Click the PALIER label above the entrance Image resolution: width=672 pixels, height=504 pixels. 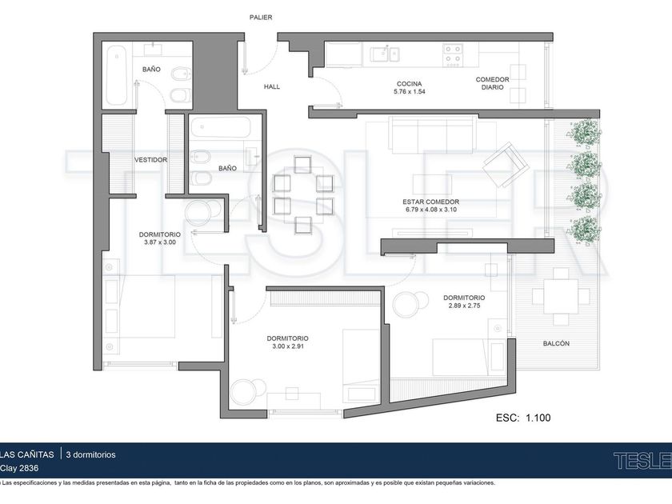tap(261, 17)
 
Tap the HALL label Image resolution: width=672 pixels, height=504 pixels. tap(272, 86)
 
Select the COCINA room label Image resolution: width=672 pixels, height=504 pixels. tap(410, 84)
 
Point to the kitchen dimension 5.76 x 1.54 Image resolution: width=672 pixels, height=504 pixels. tap(410, 92)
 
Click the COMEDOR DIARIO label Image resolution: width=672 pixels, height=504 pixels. tap(493, 83)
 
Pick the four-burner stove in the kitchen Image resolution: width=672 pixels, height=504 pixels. tap(453, 55)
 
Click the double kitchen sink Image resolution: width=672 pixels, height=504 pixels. tap(385, 54)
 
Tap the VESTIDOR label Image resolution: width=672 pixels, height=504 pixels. tap(151, 160)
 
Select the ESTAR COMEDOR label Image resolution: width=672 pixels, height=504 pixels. tap(430, 202)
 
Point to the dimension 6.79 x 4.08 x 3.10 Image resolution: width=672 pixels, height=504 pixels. tap(430, 210)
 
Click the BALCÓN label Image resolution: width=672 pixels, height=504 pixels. tap(556, 343)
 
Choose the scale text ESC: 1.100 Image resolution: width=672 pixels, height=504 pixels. tap(523, 418)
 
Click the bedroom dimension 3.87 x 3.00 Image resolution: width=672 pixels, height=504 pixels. tap(160, 242)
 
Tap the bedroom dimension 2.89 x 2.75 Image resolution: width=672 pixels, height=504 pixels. tap(464, 306)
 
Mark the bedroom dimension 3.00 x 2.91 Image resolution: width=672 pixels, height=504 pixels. tap(287, 346)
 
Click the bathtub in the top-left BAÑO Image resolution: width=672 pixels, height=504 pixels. tap(116, 75)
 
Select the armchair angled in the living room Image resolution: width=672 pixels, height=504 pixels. tap(506, 165)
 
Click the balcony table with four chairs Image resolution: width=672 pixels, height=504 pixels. tap(561, 296)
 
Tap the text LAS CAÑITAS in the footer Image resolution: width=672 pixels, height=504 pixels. tap(27, 454)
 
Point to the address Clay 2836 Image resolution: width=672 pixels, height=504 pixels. tap(19, 468)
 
